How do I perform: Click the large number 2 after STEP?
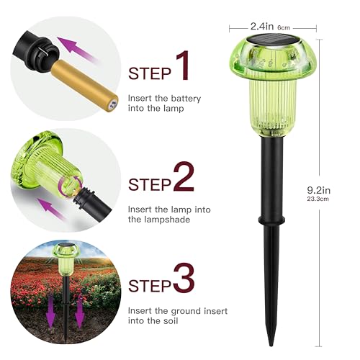(184, 176)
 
